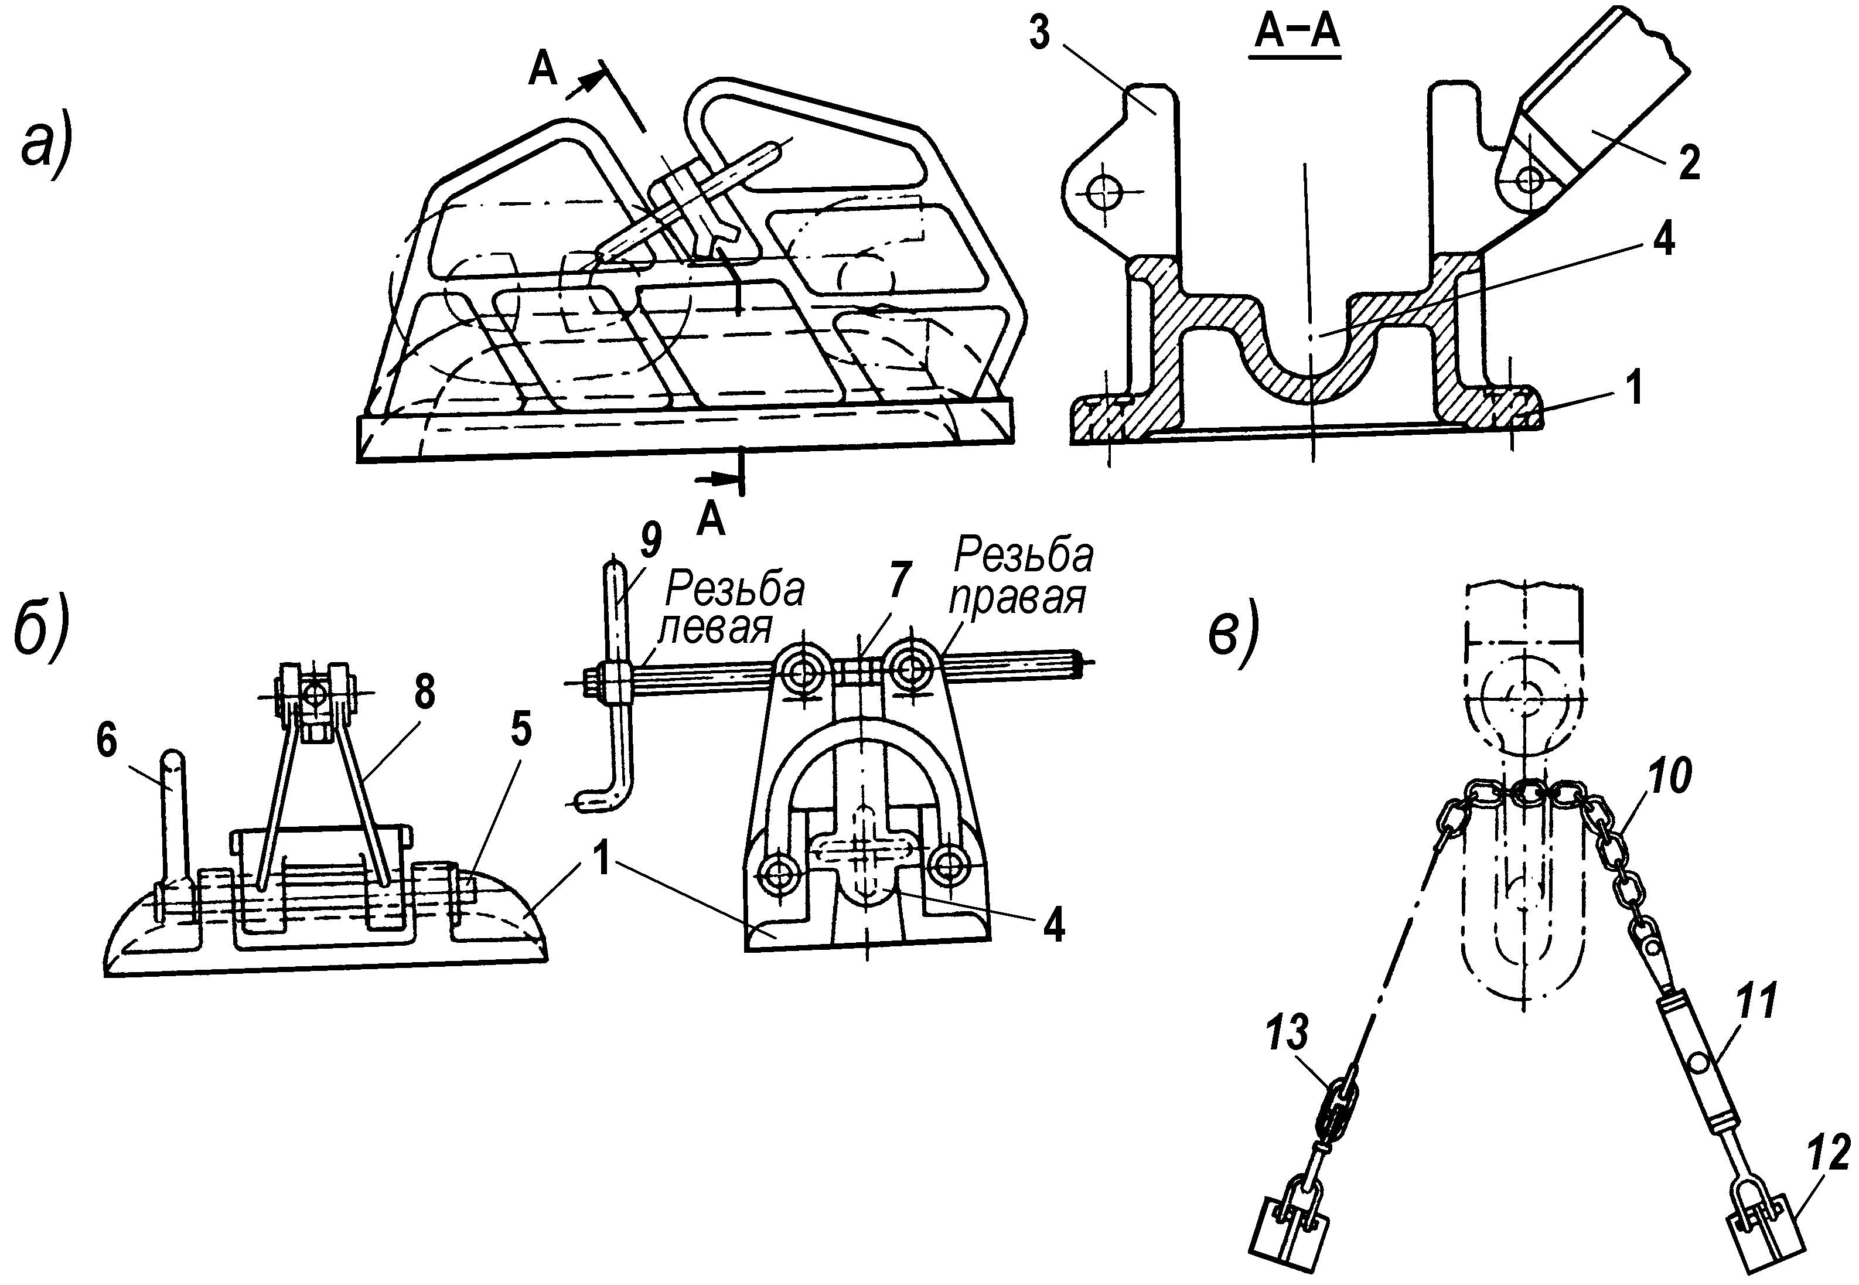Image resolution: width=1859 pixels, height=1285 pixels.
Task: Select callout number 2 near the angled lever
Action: click(x=1689, y=163)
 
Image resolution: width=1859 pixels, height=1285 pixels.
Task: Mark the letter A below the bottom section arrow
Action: click(x=711, y=521)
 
